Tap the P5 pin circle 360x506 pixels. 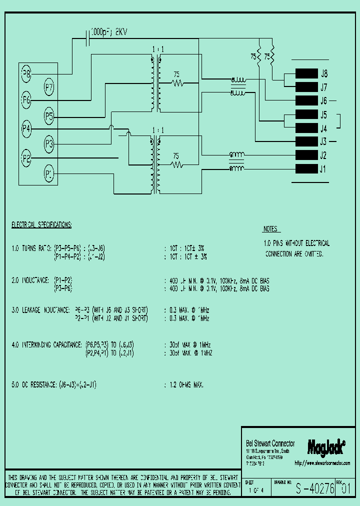tap(49, 116)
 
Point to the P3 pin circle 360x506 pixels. tap(49, 145)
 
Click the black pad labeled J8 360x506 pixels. tap(306, 73)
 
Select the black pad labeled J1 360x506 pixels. tap(306, 168)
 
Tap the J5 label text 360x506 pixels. tap(323, 114)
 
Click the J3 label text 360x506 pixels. tap(323, 141)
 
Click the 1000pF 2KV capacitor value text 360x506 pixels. tap(110, 31)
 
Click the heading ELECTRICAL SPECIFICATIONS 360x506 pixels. tap(41, 225)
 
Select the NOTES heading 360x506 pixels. tap(270, 229)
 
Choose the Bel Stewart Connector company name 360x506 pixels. tap(270, 443)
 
